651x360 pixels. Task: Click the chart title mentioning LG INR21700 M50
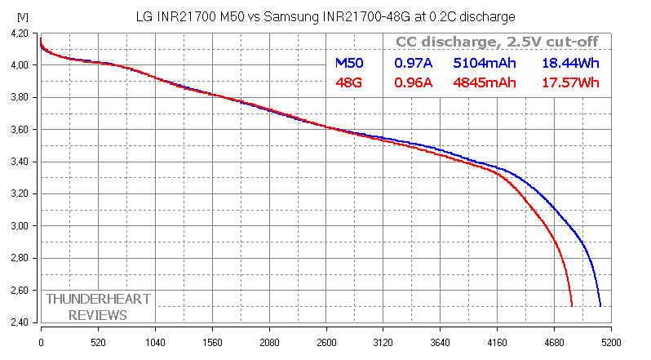click(x=325, y=16)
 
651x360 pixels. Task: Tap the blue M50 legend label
click(x=352, y=62)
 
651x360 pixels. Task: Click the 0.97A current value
click(x=414, y=62)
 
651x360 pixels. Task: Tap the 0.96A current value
click(x=414, y=82)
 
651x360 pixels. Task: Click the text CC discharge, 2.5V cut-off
click(x=496, y=42)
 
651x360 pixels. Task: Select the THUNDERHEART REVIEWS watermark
click(x=98, y=307)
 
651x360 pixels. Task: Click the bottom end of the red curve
click(x=572, y=305)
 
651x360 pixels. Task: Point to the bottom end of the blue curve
click(x=600, y=305)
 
